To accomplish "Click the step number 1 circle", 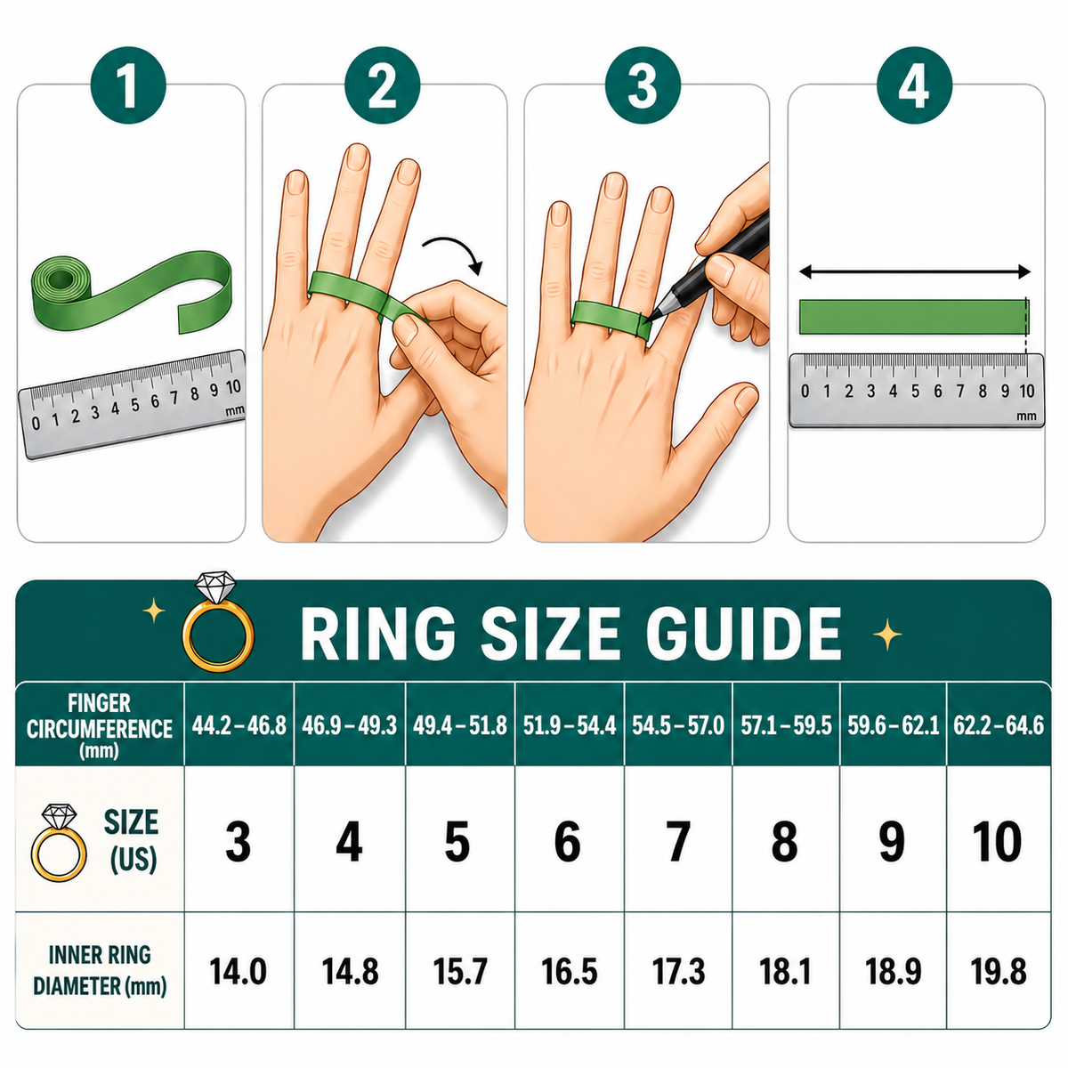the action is coord(128,86).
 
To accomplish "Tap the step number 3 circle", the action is coord(643,86).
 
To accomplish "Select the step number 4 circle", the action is coord(915,86).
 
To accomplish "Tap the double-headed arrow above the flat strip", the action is coord(915,272).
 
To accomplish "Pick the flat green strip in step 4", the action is coord(914,317).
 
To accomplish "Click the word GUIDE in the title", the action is coord(744,634).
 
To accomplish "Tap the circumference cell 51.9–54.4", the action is coord(570,725).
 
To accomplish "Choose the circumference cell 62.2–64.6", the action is coord(999,725).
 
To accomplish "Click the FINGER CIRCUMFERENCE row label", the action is coord(100,726).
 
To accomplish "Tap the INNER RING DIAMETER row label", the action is coord(100,971).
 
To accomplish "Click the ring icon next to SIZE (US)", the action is coord(58,843).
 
